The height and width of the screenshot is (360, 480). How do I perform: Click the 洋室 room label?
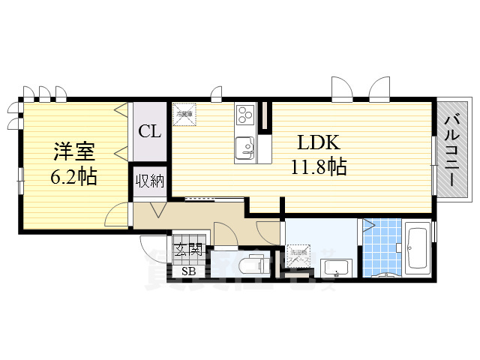point(73,151)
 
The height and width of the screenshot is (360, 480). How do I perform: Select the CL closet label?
point(149,132)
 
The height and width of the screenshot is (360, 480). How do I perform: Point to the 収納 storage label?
point(148,181)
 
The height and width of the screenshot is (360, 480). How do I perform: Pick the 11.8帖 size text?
point(318,166)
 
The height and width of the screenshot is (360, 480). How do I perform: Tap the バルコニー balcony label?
point(451,149)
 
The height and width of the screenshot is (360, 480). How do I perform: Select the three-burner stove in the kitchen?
point(245,115)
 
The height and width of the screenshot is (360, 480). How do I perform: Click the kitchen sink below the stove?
point(244,148)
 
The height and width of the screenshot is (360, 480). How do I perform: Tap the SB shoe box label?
point(188,270)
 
